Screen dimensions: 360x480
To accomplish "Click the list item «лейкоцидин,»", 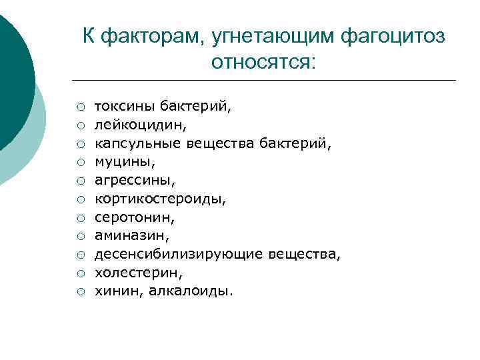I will [x=131, y=124].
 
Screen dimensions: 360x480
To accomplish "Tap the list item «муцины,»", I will [x=117, y=161].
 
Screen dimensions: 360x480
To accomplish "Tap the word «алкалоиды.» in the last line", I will [x=192, y=291].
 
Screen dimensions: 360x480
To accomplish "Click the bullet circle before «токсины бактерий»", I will [x=79, y=106].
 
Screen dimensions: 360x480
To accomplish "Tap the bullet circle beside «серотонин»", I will [x=79, y=217].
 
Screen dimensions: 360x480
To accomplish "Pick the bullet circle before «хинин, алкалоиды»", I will [x=79, y=291].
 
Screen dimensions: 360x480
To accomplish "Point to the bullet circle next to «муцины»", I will [x=79, y=161].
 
